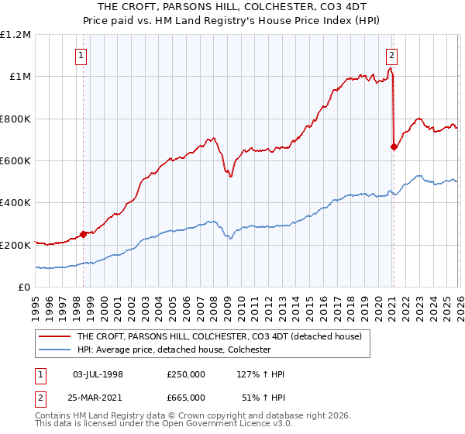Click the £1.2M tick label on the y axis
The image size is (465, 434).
[16, 34]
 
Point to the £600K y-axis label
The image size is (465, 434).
[16, 160]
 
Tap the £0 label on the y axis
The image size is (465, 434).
[25, 287]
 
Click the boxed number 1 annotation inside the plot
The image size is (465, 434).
[82, 55]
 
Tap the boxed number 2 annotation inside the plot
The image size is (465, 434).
[392, 55]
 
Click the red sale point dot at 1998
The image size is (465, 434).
[83, 234]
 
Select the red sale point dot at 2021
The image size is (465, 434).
[394, 147]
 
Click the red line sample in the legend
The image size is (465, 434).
[54, 337]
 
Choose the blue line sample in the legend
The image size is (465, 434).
[54, 350]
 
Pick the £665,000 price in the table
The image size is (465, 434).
[186, 396]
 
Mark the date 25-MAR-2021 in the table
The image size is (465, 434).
[98, 396]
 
